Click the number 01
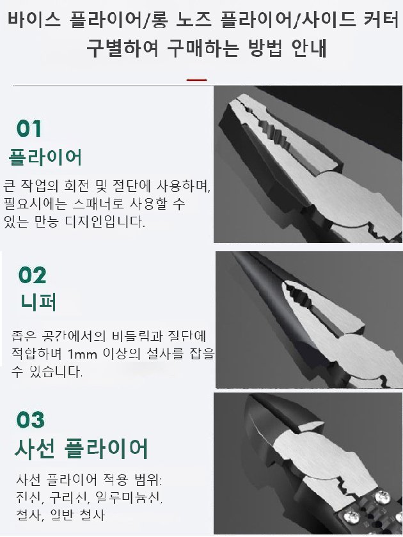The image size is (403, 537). pyautogui.click(x=29, y=128)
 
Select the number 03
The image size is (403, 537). pyautogui.click(x=31, y=420)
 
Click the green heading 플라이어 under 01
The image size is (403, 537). pyautogui.click(x=45, y=157)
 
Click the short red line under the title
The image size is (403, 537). pyautogui.click(x=196, y=80)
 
